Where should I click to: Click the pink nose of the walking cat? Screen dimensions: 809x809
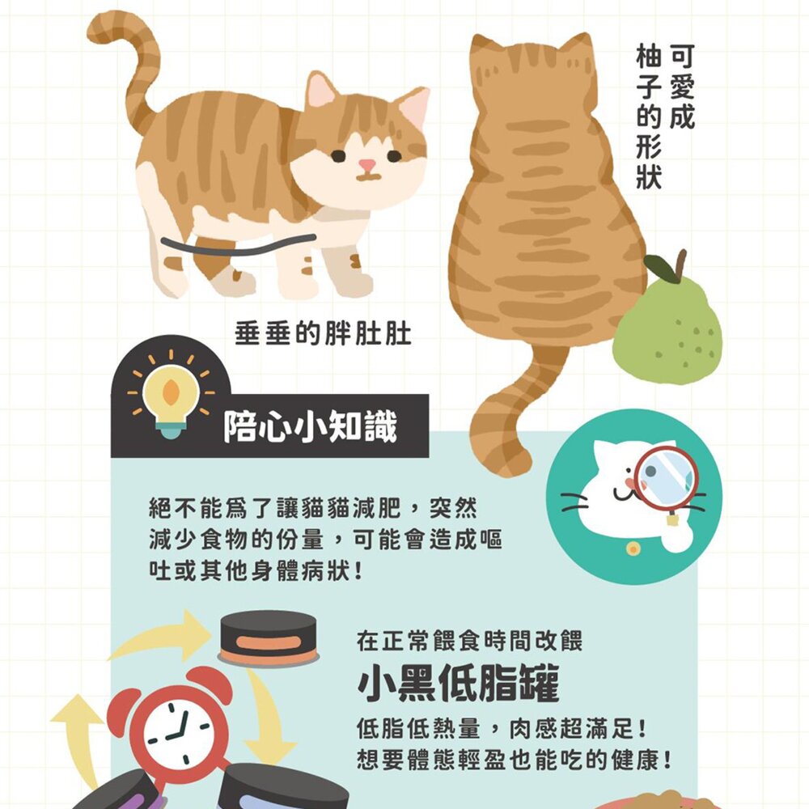(x=366, y=165)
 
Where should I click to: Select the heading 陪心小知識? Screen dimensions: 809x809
(x=310, y=426)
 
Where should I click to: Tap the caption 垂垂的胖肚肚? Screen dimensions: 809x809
(x=323, y=333)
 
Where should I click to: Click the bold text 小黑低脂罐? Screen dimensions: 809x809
(x=458, y=683)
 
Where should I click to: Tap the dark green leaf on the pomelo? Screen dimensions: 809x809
(x=661, y=269)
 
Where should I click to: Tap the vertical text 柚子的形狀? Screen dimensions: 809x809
(x=649, y=116)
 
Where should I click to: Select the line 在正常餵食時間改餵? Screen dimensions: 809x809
(x=469, y=642)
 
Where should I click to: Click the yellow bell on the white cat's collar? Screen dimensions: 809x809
(x=633, y=549)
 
